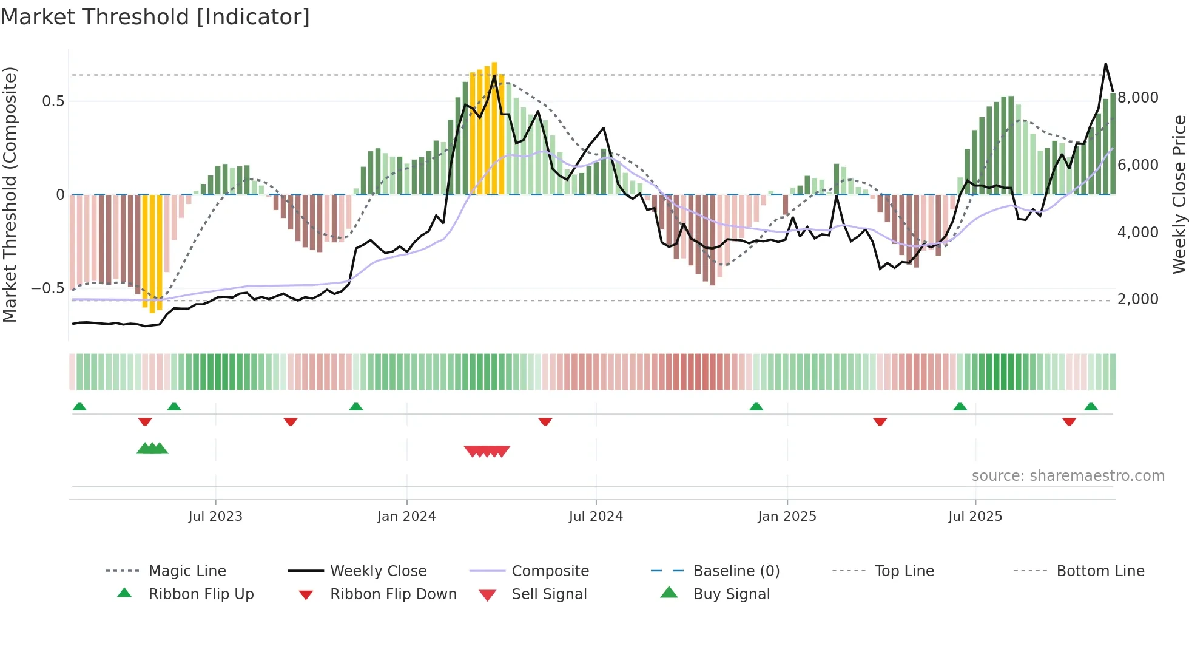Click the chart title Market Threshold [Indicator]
pyautogui.click(x=155, y=17)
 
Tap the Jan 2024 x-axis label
pyautogui.click(x=406, y=517)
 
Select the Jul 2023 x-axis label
pyautogui.click(x=215, y=517)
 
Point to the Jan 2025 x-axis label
pyautogui.click(x=787, y=517)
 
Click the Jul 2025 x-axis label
pyautogui.click(x=975, y=517)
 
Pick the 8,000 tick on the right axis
pyautogui.click(x=1138, y=98)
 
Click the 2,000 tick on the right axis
pyautogui.click(x=1138, y=299)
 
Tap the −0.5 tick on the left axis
pyautogui.click(x=47, y=288)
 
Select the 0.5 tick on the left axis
pyautogui.click(x=53, y=101)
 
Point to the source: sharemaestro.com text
pyautogui.click(x=1068, y=476)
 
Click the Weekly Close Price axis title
pyautogui.click(x=1179, y=194)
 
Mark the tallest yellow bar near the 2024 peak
pyautogui.click(x=494, y=127)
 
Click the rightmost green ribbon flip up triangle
pyautogui.click(x=1091, y=407)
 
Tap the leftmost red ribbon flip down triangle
pyautogui.click(x=145, y=421)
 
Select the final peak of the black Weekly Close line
pyautogui.click(x=1105, y=64)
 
